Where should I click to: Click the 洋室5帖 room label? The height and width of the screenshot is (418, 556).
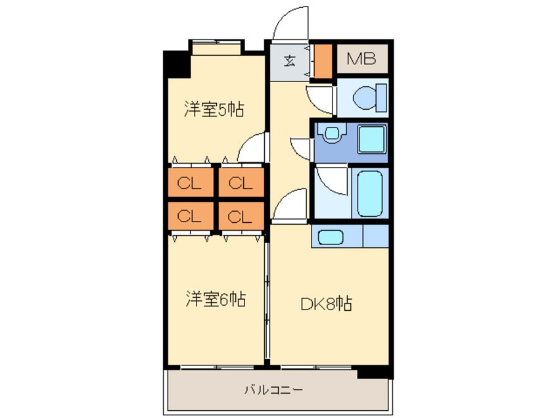click(214, 110)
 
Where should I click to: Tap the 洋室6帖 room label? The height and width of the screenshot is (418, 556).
click(215, 300)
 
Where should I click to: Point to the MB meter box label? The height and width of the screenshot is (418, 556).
click(361, 60)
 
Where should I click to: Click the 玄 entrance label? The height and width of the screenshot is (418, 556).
click(289, 62)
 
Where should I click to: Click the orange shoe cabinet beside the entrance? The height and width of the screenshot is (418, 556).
click(323, 60)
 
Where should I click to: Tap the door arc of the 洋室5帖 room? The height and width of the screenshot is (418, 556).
click(254, 148)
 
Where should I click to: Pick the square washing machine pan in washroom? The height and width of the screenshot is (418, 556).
click(371, 140)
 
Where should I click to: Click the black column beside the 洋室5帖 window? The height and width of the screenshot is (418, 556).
click(176, 62)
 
